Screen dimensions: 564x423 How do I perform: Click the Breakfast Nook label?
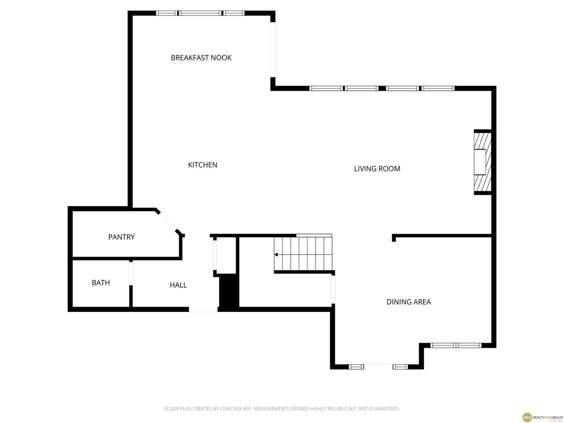coord(201,58)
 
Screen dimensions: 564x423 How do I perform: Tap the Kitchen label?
coord(203,165)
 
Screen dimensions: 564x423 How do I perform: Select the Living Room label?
coord(377,169)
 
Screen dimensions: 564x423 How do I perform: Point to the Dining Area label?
coord(408,302)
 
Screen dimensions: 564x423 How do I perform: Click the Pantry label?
coord(121,237)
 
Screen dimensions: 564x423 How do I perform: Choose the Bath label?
coord(101,283)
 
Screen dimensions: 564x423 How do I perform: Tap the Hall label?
coord(178,285)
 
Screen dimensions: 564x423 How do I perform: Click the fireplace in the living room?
coord(482,162)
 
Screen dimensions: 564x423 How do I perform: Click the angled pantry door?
coord(167,223)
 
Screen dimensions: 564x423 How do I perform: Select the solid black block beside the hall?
coord(228,290)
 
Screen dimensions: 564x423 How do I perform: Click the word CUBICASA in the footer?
coord(230,408)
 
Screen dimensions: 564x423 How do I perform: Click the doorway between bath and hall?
coord(131,273)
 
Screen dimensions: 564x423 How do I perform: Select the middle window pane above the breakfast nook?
coord(200,13)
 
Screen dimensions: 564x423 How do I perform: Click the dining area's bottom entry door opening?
coord(378,367)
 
